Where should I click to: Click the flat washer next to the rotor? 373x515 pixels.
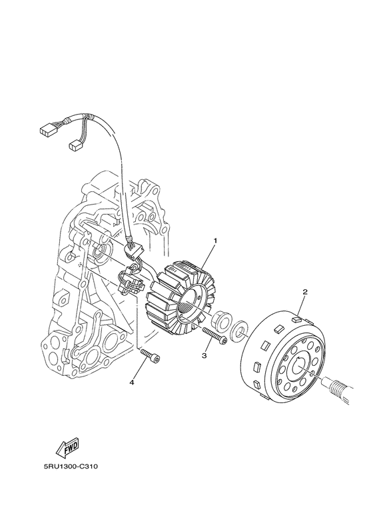pyautogui.click(x=239, y=328)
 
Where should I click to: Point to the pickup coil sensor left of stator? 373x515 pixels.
pyautogui.click(x=131, y=278)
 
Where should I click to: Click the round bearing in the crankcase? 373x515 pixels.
pyautogui.click(x=100, y=252)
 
